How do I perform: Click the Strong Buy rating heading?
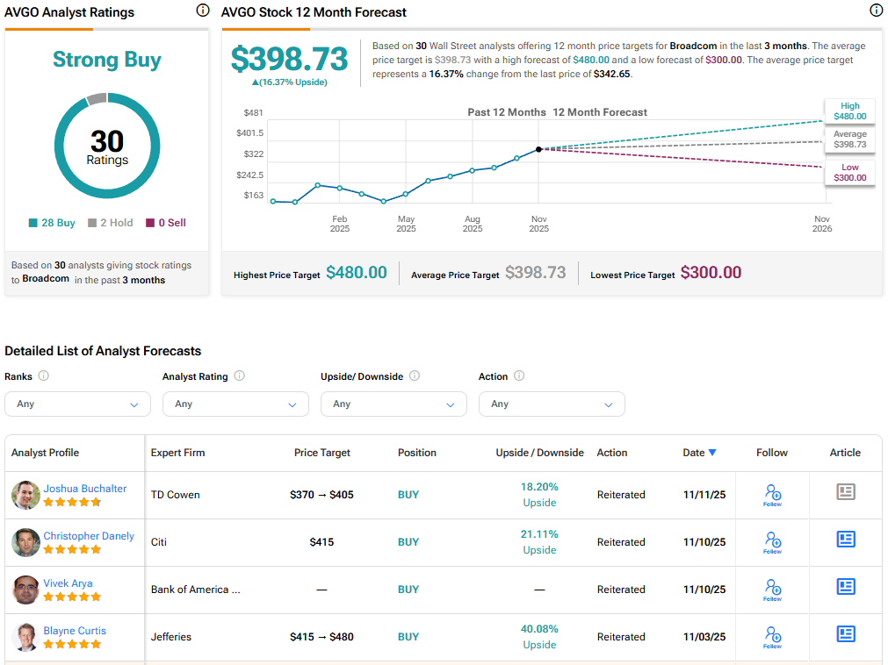point(106,60)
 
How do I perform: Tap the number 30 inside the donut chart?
point(107,140)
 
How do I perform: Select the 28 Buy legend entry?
point(53,223)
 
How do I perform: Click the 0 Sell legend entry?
point(166,223)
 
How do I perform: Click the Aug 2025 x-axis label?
point(473,224)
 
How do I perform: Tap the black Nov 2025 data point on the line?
point(538,149)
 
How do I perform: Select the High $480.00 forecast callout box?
point(849,111)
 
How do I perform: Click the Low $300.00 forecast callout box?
point(849,172)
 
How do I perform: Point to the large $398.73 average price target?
point(290,59)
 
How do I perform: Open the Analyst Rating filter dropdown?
point(235,404)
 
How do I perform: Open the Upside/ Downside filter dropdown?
point(393,404)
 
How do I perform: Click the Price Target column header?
point(322,453)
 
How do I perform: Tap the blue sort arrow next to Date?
point(712,453)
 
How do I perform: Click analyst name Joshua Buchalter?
point(85,489)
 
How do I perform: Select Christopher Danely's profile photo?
point(25,542)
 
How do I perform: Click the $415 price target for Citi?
point(322,542)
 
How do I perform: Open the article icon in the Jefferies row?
point(845,633)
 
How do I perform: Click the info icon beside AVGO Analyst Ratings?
point(203,11)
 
